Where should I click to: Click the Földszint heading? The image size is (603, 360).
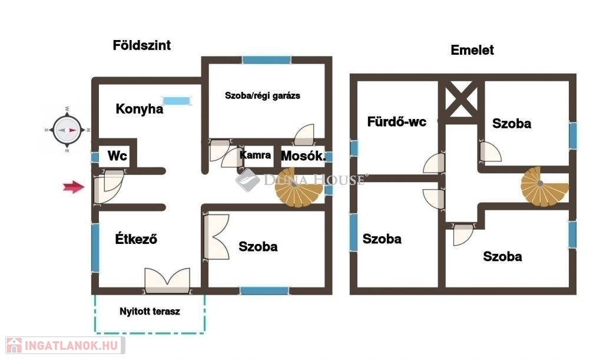pyautogui.click(x=141, y=45)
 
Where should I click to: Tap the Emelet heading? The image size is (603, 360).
pyautogui.click(x=472, y=50)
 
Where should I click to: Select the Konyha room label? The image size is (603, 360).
pyautogui.click(x=140, y=109)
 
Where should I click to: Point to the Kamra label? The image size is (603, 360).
pyautogui.click(x=256, y=156)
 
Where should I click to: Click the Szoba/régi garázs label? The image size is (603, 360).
pyautogui.click(x=263, y=95)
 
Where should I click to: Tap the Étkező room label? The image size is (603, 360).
pyautogui.click(x=135, y=239)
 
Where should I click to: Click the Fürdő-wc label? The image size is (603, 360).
pyautogui.click(x=397, y=123)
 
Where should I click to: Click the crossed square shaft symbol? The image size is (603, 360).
pyautogui.click(x=462, y=100)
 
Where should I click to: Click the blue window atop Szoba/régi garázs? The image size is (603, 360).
pyautogui.click(x=267, y=60)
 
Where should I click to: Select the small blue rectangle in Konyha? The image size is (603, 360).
pyautogui.click(x=177, y=101)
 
